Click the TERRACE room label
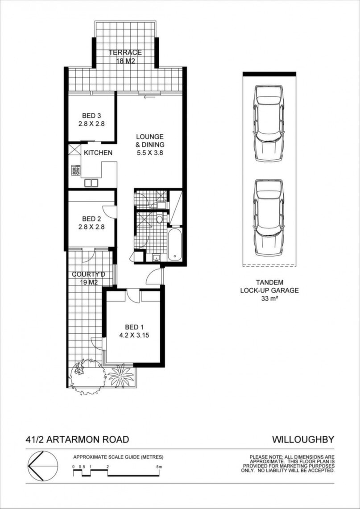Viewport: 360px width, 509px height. click(x=125, y=52)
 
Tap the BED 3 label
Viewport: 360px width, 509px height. click(x=91, y=116)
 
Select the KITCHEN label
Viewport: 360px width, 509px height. click(x=98, y=153)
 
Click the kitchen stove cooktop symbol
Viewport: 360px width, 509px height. click(x=76, y=170)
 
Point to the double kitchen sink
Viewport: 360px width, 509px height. click(x=91, y=183)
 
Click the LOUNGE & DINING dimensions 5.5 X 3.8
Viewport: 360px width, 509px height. click(x=149, y=153)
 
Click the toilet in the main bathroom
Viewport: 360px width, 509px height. click(x=159, y=219)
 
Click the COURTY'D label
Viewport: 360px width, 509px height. click(x=89, y=275)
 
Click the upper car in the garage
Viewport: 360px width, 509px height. click(x=269, y=124)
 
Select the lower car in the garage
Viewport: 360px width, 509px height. click(x=269, y=218)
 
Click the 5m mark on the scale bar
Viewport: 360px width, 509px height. click(x=159, y=467)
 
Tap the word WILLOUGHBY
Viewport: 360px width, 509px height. click(x=303, y=440)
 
